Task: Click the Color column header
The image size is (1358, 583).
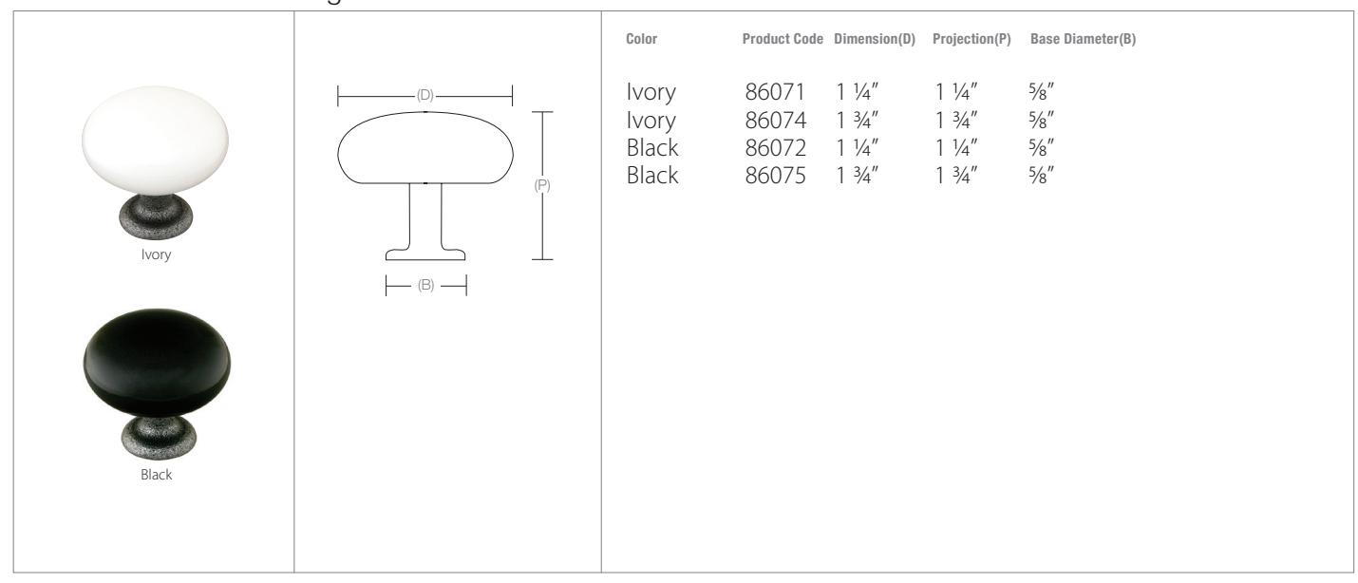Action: [x=641, y=39]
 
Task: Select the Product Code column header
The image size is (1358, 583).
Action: [x=783, y=39]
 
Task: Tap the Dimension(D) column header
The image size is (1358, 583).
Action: [x=875, y=39]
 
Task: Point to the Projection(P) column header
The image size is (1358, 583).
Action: [x=971, y=39]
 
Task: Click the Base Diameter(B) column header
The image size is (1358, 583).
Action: [x=1083, y=39]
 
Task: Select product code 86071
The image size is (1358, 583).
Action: [x=775, y=92]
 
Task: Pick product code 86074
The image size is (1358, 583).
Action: [x=776, y=120]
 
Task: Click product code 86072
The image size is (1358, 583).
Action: [x=776, y=148]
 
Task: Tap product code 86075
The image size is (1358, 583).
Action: [x=776, y=176]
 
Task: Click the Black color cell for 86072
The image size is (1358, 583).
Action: [x=652, y=148]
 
